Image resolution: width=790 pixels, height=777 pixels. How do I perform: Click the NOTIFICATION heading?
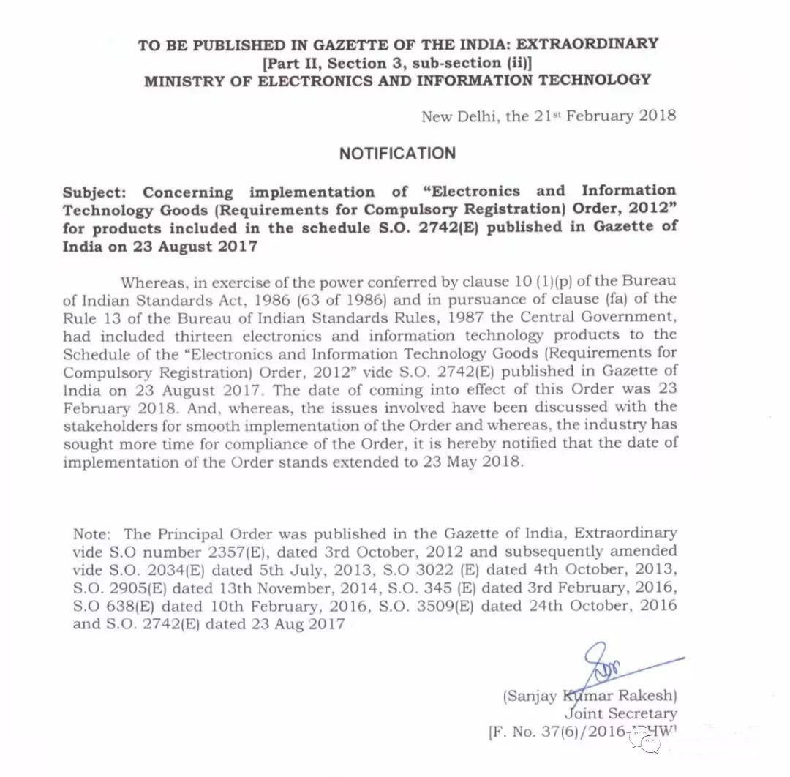(396, 154)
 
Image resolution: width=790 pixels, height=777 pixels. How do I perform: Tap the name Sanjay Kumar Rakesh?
(590, 695)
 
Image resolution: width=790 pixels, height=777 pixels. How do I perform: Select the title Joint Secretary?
(620, 713)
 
